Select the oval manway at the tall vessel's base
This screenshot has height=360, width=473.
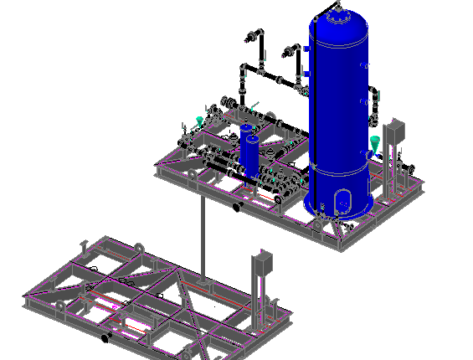[342, 201]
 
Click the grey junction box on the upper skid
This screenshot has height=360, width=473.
[397, 133]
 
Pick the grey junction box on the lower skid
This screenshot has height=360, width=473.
[263, 264]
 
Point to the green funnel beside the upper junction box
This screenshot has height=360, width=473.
[374, 142]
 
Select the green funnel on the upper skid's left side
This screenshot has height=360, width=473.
[198, 122]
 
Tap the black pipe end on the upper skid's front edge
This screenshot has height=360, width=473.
[237, 206]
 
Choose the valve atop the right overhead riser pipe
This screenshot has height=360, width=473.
[294, 53]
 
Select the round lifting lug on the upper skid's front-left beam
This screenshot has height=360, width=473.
[193, 176]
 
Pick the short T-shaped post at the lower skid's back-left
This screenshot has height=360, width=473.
[84, 245]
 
